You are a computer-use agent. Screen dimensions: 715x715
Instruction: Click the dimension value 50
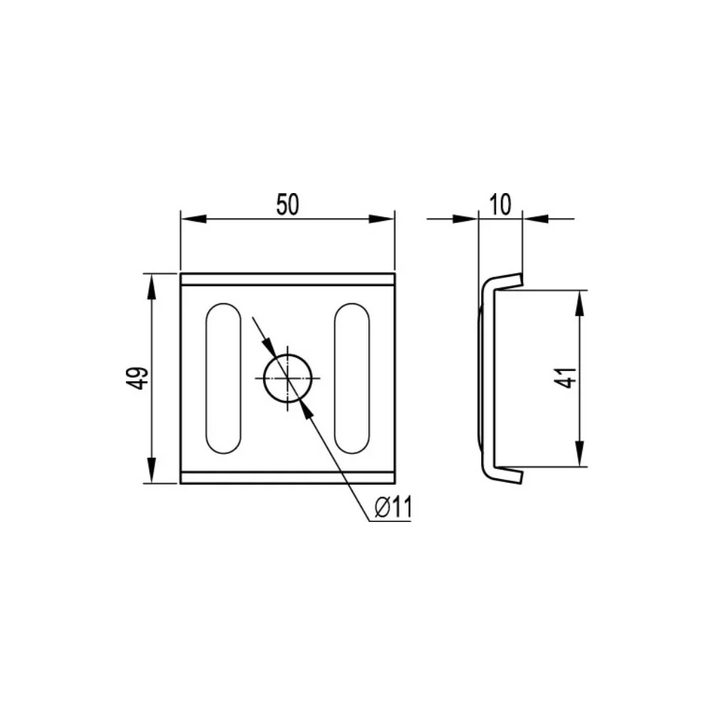pyautogui.click(x=287, y=204)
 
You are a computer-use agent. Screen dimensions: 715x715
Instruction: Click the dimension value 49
pyautogui.click(x=137, y=378)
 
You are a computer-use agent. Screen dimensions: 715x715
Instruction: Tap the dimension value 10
pyautogui.click(x=500, y=204)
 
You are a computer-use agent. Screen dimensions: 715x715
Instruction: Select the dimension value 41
pyautogui.click(x=566, y=378)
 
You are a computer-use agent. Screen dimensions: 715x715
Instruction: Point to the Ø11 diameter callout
pyautogui.click(x=393, y=507)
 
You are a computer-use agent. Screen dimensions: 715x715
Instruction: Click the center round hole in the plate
pyautogui.click(x=287, y=378)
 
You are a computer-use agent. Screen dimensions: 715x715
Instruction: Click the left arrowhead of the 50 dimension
pyautogui.click(x=194, y=219)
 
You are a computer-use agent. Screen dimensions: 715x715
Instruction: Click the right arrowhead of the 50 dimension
pyautogui.click(x=382, y=219)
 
